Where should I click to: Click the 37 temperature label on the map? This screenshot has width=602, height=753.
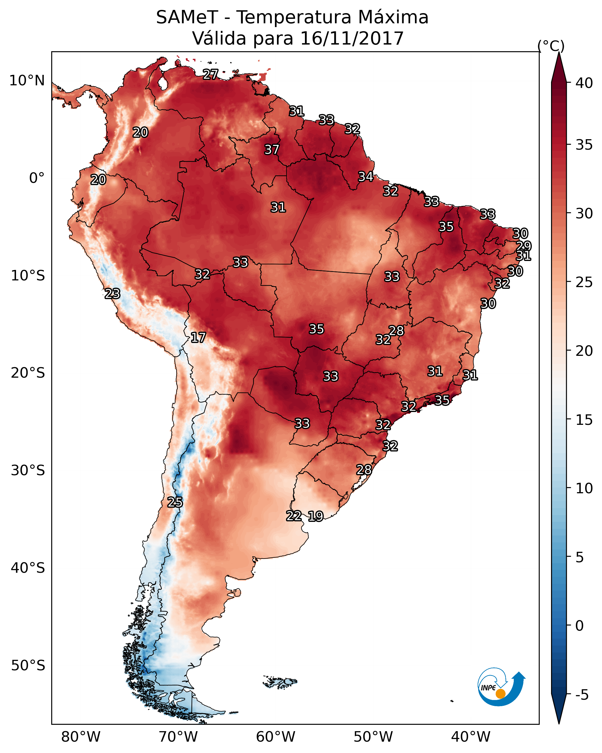pyautogui.click(x=271, y=149)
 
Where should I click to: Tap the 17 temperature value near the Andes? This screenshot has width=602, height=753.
pyautogui.click(x=198, y=337)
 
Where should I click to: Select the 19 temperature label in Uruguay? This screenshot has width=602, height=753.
pyautogui.click(x=315, y=516)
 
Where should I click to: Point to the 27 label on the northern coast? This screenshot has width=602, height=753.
pyautogui.click(x=210, y=74)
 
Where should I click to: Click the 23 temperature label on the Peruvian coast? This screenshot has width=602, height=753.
pyautogui.click(x=112, y=294)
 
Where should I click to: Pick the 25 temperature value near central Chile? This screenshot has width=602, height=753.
pyautogui.click(x=175, y=502)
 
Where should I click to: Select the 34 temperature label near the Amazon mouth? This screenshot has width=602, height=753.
pyautogui.click(x=366, y=176)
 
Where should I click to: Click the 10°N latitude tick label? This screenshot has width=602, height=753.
pyautogui.click(x=27, y=81)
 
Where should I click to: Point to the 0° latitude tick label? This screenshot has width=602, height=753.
pyautogui.click(x=37, y=178)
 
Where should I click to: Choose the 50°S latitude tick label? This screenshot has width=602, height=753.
pyautogui.click(x=28, y=666)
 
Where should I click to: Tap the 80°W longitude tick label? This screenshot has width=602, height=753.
pyautogui.click(x=81, y=737)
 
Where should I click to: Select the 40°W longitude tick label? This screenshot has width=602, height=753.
pyautogui.click(x=471, y=737)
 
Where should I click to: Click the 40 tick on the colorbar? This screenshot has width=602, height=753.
pyautogui.click(x=584, y=83)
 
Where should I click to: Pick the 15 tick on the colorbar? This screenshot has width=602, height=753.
pyautogui.click(x=584, y=420)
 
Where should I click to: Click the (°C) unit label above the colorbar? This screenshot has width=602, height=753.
pyautogui.click(x=551, y=46)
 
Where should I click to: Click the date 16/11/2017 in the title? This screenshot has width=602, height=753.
pyautogui.click(x=352, y=38)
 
